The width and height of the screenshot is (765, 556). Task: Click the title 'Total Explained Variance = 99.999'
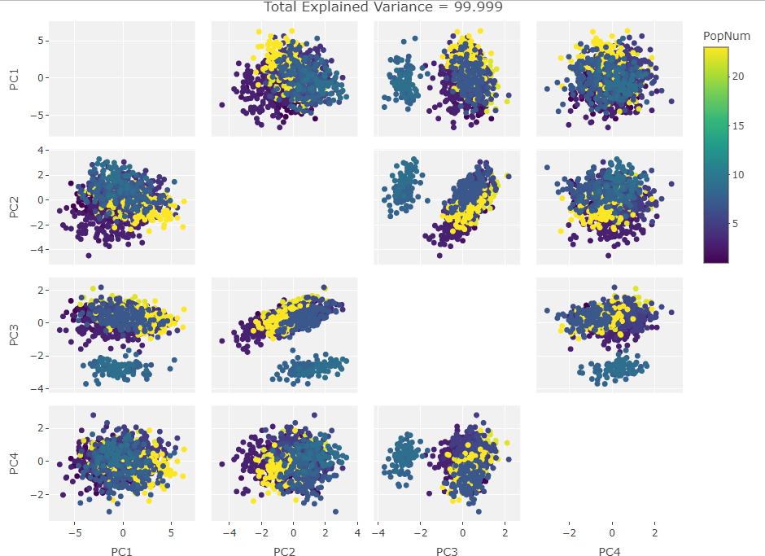382,7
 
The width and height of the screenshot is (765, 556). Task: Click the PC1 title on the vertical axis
14,79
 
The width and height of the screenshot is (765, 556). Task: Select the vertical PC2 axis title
14,207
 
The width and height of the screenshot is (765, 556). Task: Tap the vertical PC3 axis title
14,335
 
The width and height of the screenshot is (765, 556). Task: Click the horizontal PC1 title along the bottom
121,552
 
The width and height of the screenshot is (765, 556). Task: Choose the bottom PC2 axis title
284,552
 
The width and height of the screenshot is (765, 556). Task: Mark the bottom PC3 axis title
447,552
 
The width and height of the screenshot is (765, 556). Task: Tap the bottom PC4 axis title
610,552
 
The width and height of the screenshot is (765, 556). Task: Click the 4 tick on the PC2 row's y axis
41,150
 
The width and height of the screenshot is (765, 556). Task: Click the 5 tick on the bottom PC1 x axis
171,534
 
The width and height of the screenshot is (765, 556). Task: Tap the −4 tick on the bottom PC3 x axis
377,534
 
